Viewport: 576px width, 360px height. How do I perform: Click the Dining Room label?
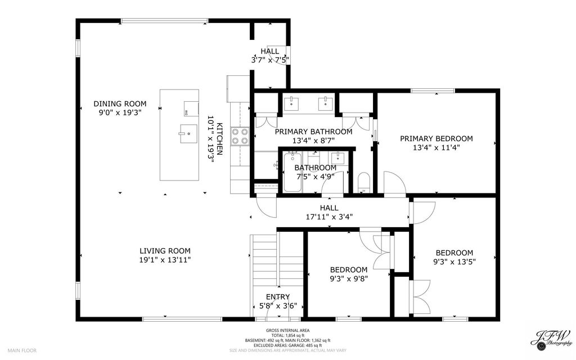tap(120, 103)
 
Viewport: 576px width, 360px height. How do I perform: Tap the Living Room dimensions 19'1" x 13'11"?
tap(165, 260)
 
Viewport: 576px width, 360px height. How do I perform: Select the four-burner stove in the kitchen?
tap(240, 136)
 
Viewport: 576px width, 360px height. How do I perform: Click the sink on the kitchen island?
tap(188, 134)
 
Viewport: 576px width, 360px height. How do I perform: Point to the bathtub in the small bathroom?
tap(292, 172)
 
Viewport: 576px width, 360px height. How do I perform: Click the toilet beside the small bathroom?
tap(364, 182)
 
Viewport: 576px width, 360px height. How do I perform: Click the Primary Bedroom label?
tap(436, 138)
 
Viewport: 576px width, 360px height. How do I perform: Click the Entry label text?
tap(278, 297)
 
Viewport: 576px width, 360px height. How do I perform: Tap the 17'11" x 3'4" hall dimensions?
tap(330, 217)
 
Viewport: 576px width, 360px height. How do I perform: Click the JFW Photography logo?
tap(551, 339)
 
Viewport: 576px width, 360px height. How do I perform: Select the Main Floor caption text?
tap(22, 350)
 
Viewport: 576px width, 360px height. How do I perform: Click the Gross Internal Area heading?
tap(287, 331)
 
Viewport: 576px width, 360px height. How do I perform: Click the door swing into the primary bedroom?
tap(395, 183)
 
